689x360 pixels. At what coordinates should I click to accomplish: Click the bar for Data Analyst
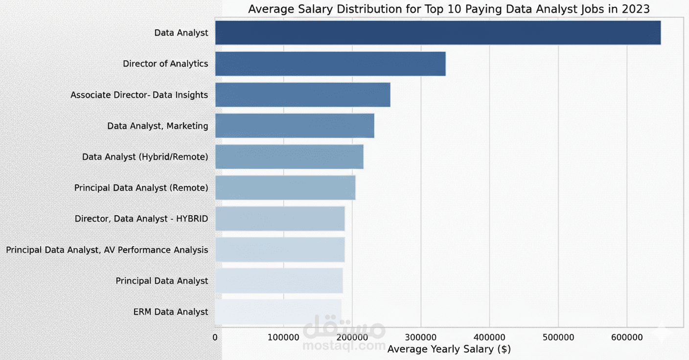click(x=437, y=33)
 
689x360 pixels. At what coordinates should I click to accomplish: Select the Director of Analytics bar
click(x=330, y=64)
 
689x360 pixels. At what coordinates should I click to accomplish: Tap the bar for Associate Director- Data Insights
click(x=302, y=95)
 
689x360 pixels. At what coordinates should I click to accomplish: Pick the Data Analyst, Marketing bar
click(x=295, y=126)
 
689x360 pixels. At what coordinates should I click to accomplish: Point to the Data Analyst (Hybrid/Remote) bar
click(x=289, y=157)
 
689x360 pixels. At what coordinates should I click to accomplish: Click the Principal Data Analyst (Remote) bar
click(x=285, y=188)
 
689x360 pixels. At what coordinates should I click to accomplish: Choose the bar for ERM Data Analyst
click(x=278, y=312)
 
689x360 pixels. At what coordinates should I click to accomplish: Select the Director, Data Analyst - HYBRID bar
click(x=280, y=219)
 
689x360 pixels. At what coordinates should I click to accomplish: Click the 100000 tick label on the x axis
click(x=283, y=337)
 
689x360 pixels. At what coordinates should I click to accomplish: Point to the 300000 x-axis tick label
click(x=421, y=337)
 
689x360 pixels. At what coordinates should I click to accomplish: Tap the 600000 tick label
click(x=627, y=337)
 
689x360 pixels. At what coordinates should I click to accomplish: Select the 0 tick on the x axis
click(x=215, y=337)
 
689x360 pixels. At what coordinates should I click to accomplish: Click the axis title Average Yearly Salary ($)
click(x=449, y=349)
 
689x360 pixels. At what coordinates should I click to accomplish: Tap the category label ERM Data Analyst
click(x=170, y=312)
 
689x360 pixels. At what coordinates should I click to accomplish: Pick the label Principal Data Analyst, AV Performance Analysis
click(x=107, y=250)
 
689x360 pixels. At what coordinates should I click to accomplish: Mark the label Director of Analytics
click(x=165, y=64)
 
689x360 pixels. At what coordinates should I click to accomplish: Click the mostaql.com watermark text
click(x=344, y=345)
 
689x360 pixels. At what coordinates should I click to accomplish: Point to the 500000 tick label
click(x=558, y=337)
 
